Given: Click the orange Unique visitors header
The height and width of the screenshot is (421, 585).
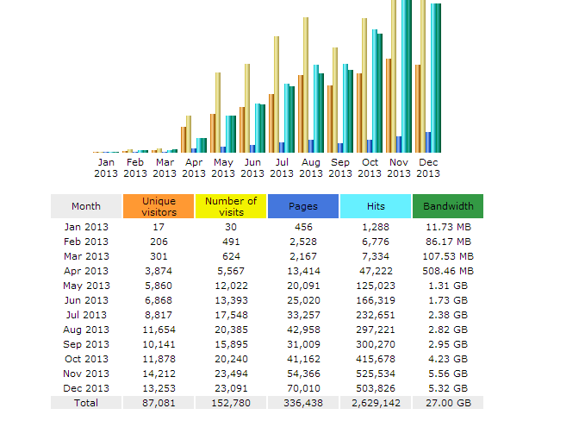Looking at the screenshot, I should tap(159, 206).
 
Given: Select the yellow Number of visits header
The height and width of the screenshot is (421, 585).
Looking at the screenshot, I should tap(231, 206).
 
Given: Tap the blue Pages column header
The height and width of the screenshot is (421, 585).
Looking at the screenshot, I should tap(303, 206).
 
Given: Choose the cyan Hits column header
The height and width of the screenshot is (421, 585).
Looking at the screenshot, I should tap(375, 206).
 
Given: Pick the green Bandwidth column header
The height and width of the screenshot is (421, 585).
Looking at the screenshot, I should tap(448, 206).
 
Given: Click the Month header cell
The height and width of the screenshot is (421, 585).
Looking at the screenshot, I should tap(86, 206).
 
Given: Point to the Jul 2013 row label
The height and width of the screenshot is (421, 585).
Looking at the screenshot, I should tap(86, 315).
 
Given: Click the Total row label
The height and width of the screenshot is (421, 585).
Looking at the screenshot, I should tap(86, 403).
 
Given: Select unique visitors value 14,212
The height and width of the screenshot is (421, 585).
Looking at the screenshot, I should tap(159, 374).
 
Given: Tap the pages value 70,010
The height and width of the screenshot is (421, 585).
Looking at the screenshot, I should tap(303, 388).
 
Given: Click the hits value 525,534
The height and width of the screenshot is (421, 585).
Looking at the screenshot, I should tap(375, 374).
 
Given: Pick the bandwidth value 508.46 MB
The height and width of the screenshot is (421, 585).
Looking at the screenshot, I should tap(448, 271).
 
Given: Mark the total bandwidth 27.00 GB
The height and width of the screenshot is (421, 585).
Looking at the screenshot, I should tap(448, 403).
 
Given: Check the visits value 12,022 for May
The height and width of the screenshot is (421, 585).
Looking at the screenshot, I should tap(231, 286).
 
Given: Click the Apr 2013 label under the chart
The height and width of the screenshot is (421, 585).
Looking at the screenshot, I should tap(194, 167).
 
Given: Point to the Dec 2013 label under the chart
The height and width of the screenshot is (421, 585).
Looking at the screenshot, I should tap(428, 167).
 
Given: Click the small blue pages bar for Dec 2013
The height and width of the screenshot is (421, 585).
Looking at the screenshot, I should tap(428, 142).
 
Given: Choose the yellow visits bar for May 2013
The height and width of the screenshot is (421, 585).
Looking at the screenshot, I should tap(218, 113).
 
